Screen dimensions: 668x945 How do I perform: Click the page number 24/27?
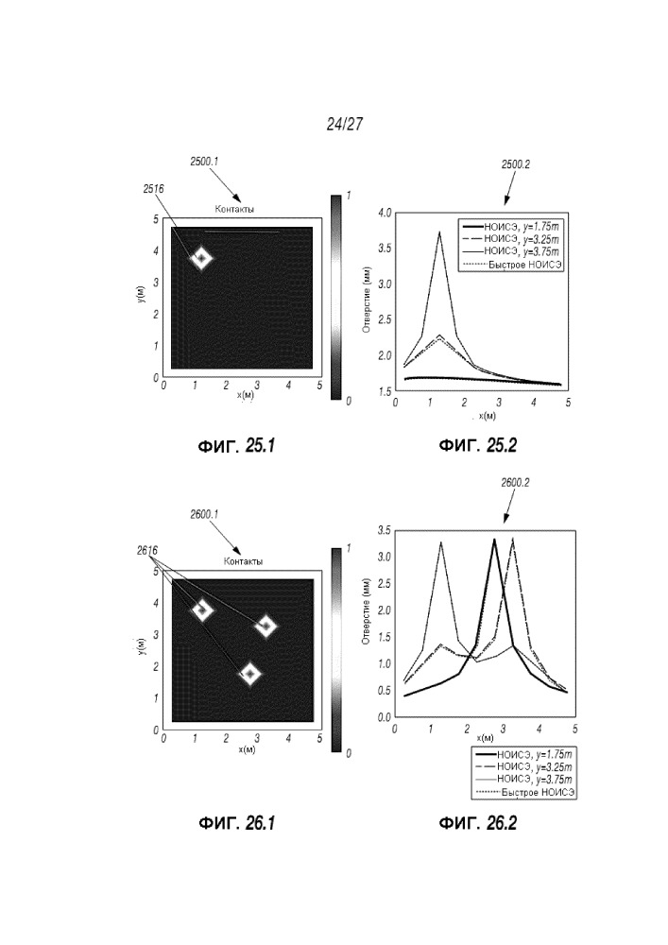(x=345, y=124)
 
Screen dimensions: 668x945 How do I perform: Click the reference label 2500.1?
(x=204, y=162)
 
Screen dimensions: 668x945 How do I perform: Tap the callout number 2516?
(x=153, y=189)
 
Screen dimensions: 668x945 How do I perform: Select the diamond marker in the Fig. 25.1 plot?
(x=202, y=259)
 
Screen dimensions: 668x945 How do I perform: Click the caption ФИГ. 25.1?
(x=237, y=446)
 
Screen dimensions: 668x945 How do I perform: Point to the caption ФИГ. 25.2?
(x=478, y=446)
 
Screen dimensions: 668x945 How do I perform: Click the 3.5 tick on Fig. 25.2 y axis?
(x=385, y=249)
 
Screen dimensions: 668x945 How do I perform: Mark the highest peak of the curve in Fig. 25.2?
(x=439, y=232)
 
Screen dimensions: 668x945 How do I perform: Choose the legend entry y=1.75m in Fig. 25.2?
(x=512, y=227)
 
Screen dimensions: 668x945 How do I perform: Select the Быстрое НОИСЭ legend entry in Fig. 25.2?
(x=512, y=265)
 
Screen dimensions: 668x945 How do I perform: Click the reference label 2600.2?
(x=515, y=483)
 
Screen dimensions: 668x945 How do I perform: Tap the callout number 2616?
(x=147, y=551)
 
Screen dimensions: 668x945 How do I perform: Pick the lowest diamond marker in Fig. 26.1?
(x=249, y=674)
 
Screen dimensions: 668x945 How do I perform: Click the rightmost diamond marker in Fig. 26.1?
(x=265, y=627)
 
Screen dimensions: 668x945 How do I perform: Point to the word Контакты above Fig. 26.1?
(x=244, y=561)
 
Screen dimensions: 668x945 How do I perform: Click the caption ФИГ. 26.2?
(x=478, y=823)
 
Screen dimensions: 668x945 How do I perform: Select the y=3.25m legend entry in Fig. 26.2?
(x=523, y=767)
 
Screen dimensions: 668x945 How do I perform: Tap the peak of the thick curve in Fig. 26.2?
(x=494, y=540)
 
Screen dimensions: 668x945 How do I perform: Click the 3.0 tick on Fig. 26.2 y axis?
(x=384, y=557)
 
